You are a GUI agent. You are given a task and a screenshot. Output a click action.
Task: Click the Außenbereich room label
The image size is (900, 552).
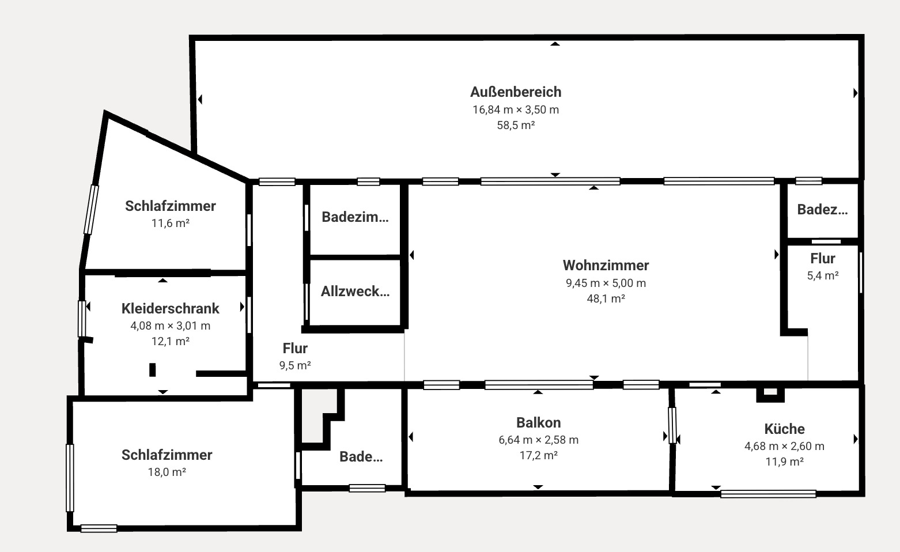pyautogui.click(x=516, y=92)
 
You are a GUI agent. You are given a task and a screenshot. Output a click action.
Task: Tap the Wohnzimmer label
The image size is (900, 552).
pyautogui.click(x=606, y=266)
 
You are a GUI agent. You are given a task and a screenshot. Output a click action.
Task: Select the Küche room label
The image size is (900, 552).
pyautogui.click(x=784, y=429)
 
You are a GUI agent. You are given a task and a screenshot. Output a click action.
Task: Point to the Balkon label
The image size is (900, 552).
pyautogui.click(x=538, y=422)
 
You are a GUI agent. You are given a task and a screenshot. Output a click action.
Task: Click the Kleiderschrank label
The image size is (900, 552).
pyautogui.click(x=171, y=308)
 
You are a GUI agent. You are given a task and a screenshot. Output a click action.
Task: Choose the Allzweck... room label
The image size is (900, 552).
pyautogui.click(x=355, y=292)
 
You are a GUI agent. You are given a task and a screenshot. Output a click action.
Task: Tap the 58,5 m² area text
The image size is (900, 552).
pyautogui.click(x=516, y=125)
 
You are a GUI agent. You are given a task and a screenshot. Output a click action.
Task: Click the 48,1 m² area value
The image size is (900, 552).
pyautogui.click(x=606, y=298)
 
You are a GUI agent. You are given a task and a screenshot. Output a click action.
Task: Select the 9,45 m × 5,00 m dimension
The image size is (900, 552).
pyautogui.click(x=606, y=283)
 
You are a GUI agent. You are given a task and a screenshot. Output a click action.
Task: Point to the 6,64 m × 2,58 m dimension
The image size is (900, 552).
pyautogui.click(x=538, y=440)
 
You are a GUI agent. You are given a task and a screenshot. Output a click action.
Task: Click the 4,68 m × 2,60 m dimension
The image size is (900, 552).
pyautogui.click(x=784, y=446)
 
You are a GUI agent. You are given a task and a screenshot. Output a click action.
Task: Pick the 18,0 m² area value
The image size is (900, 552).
pyautogui.click(x=167, y=472)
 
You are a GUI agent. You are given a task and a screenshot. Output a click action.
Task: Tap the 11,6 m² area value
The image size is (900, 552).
pyautogui.click(x=171, y=223)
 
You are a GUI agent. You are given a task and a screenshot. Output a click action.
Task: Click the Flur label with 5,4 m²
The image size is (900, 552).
pyautogui.click(x=822, y=258)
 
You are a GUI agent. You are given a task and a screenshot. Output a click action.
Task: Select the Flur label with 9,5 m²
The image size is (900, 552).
pyautogui.click(x=295, y=348)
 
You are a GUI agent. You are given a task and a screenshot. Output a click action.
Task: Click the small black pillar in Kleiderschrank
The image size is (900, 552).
pyautogui.click(x=153, y=369)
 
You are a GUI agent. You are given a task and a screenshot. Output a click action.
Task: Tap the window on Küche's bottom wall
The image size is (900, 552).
pyautogui.click(x=768, y=493)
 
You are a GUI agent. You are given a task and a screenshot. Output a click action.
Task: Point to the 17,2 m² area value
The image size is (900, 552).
pyautogui.click(x=538, y=455)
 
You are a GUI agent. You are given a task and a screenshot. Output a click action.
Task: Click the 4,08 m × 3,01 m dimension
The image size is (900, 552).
pyautogui.click(x=171, y=326)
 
